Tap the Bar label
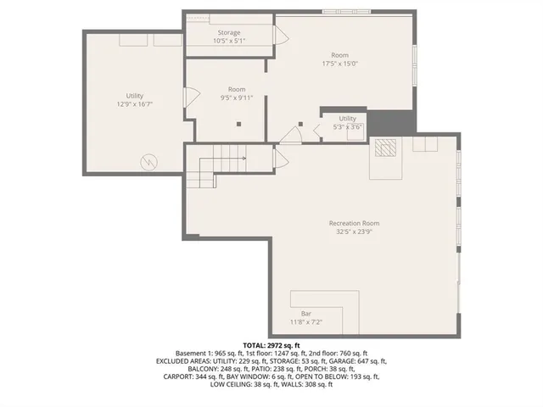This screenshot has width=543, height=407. pyautogui.click(x=305, y=314)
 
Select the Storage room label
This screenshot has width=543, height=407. pyautogui.click(x=229, y=33)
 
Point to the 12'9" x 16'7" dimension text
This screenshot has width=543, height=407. pyautogui.click(x=134, y=104)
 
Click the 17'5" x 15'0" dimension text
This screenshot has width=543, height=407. pyautogui.click(x=340, y=64)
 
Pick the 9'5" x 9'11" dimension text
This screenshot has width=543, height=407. pyautogui.click(x=237, y=98)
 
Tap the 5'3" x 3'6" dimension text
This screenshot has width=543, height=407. pyautogui.click(x=348, y=127)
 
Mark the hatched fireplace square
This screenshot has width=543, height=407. pyautogui.click(x=387, y=147)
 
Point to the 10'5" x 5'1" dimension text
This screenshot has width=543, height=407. pyautogui.click(x=229, y=41)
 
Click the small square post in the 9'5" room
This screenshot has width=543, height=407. pyautogui.click(x=239, y=123)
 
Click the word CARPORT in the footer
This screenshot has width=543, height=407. pyautogui.click(x=177, y=377)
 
